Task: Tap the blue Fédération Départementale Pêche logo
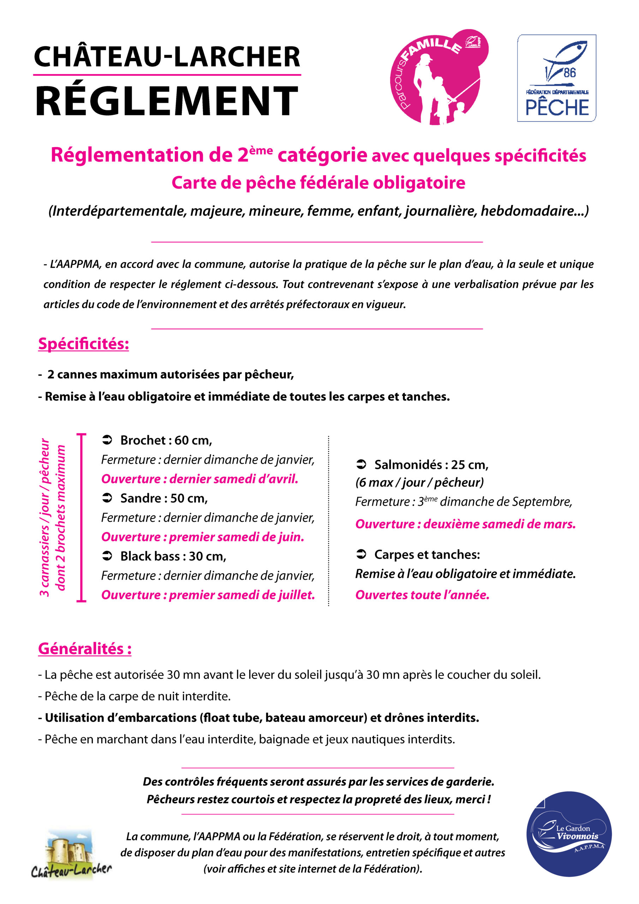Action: pyautogui.click(x=556, y=78)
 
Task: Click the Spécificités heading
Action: pyautogui.click(x=83, y=344)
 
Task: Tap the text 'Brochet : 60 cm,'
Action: pyautogui.click(x=166, y=440)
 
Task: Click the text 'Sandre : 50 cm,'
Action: pyautogui.click(x=164, y=499)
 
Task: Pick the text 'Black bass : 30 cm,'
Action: pyautogui.click(x=173, y=556)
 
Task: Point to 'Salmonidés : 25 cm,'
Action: pyautogui.click(x=431, y=465)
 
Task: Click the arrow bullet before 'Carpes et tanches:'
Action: pyautogui.click(x=361, y=554)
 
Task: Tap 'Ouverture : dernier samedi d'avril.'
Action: pyautogui.click(x=199, y=479)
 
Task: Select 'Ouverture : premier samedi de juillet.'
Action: pyautogui.click(x=208, y=595)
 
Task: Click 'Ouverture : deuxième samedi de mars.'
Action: pyautogui.click(x=465, y=524)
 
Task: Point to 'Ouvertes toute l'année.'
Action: pyautogui.click(x=422, y=595)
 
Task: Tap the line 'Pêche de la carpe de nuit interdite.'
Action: pyautogui.click(x=134, y=696)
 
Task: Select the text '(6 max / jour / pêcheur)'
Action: pyautogui.click(x=419, y=482)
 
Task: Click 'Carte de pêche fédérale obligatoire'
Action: pyautogui.click(x=318, y=183)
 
